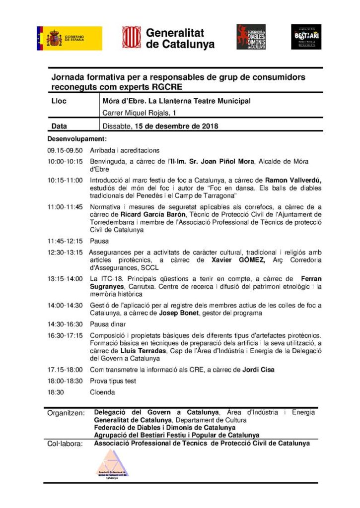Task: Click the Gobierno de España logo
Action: coord(69,38)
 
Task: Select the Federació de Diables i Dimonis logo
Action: coord(251,37)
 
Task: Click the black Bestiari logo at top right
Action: coord(306,37)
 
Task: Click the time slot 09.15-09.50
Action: coord(65,150)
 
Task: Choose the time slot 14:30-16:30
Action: coord(65,324)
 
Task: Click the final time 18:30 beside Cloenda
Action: coord(56,392)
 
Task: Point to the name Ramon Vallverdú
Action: coord(292,180)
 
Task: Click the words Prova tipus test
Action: coord(113,381)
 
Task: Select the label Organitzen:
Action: coord(66,413)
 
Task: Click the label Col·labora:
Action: coord(65,444)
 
